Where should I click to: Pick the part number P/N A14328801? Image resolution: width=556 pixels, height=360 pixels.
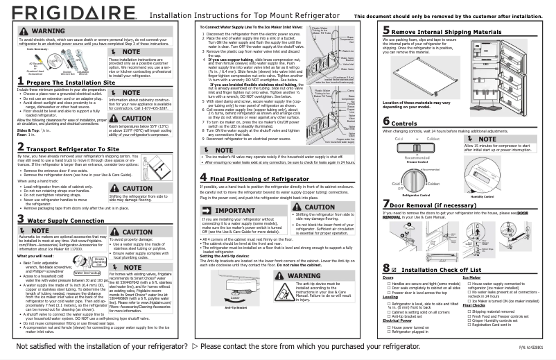point(532,347)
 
